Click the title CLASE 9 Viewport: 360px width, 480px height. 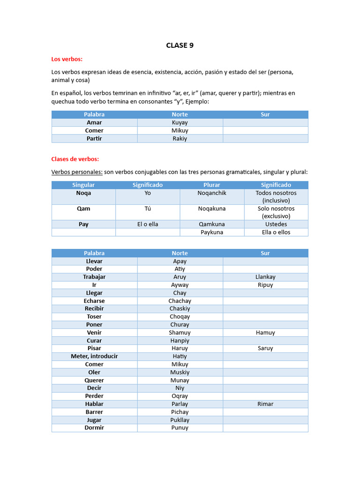pyautogui.click(x=180, y=45)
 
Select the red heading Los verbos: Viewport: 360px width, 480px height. pyautogui.click(x=67, y=59)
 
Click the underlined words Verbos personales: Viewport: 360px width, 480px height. pyautogui.click(x=77, y=172)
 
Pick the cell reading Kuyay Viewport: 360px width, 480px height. pyautogui.click(x=180, y=122)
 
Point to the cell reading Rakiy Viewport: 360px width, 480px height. pyautogui.click(x=180, y=138)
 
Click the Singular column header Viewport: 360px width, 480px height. pyautogui.click(x=83, y=185)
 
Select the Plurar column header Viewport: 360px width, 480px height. pyautogui.click(x=212, y=185)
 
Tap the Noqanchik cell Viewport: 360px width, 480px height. pyautogui.click(x=212, y=193)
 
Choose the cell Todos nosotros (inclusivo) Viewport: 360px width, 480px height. pyautogui.click(x=276, y=197)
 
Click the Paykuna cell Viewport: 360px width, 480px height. pyautogui.click(x=212, y=232)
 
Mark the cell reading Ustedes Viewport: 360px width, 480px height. pyautogui.click(x=276, y=224)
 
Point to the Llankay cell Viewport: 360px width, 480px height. pyautogui.click(x=265, y=277)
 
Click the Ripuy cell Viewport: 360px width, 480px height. pyautogui.click(x=265, y=285)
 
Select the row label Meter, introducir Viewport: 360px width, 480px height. pyautogui.click(x=94, y=356)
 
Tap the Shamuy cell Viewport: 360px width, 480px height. pyautogui.click(x=180, y=333)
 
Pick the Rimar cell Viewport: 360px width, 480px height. pyautogui.click(x=265, y=404)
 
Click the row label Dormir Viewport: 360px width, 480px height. pyautogui.click(x=94, y=427)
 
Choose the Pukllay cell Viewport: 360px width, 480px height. pyautogui.click(x=180, y=420)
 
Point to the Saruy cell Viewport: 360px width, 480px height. pyautogui.click(x=265, y=348)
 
